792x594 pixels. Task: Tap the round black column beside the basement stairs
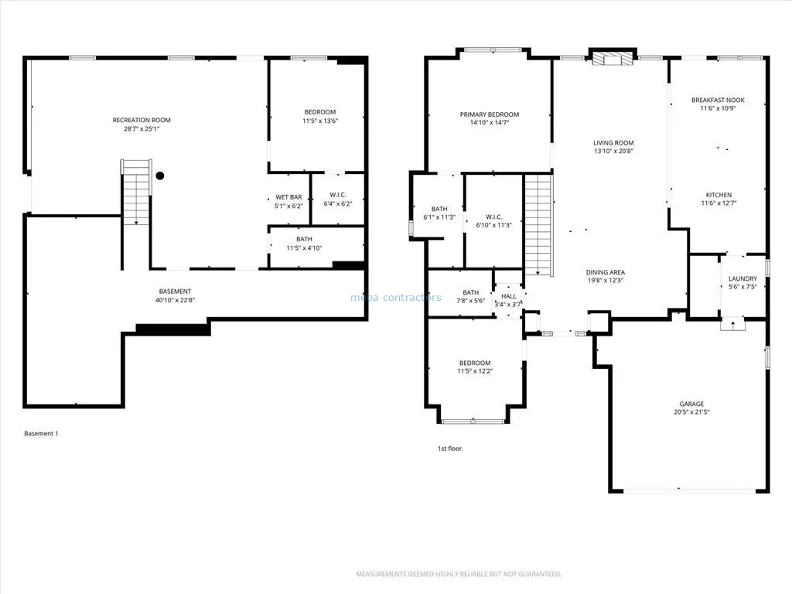pyautogui.click(x=160, y=176)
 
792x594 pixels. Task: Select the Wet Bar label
pyautogui.click(x=289, y=197)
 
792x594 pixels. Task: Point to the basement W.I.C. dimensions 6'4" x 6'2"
pyautogui.click(x=338, y=204)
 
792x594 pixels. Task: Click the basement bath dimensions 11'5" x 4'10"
pyautogui.click(x=304, y=248)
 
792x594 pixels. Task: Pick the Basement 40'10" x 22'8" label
pyautogui.click(x=175, y=295)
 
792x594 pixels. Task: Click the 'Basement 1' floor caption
pyautogui.click(x=42, y=433)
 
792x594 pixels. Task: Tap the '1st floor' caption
pyautogui.click(x=449, y=449)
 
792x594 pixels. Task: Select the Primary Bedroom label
pyautogui.click(x=490, y=114)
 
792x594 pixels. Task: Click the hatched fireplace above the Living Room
pyautogui.click(x=613, y=59)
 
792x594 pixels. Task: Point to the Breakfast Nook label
pyautogui.click(x=718, y=100)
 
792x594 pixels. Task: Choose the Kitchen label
pyautogui.click(x=719, y=195)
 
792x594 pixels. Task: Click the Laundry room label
pyautogui.click(x=742, y=278)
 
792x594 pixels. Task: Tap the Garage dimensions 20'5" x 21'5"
pyautogui.click(x=691, y=412)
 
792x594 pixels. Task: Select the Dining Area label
pyautogui.click(x=605, y=272)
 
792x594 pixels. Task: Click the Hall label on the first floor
pyautogui.click(x=509, y=296)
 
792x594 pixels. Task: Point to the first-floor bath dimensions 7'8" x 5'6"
pyautogui.click(x=471, y=301)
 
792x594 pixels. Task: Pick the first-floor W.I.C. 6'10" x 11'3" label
pyautogui.click(x=493, y=221)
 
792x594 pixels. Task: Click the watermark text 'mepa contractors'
pyautogui.click(x=396, y=298)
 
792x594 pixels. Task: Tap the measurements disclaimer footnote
pyautogui.click(x=459, y=575)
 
